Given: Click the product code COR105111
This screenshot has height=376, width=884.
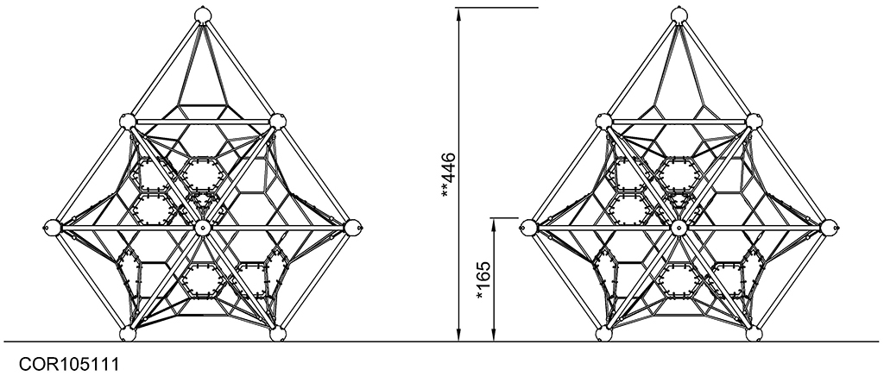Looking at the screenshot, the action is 69,364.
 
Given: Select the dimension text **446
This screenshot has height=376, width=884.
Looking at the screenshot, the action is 449,175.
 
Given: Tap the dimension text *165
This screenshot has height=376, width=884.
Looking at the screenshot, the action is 483,280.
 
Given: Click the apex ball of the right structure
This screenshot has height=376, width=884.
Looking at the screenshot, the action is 679,15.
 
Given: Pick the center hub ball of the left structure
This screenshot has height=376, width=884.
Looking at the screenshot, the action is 202,228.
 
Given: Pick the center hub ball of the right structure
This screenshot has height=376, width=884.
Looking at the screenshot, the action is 679,228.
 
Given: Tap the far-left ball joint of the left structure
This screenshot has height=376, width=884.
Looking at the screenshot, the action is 52,228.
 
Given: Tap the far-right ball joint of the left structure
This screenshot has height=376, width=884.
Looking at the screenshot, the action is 352,228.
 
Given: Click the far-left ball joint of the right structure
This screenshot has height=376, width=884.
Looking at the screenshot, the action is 529,228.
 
